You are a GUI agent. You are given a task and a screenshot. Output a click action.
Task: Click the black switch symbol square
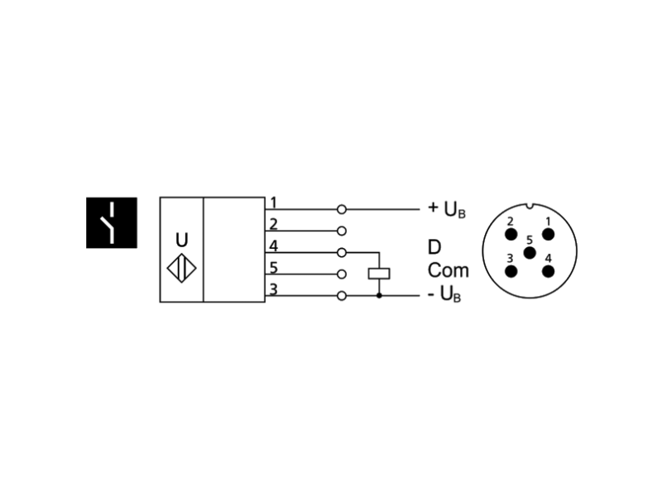click(x=112, y=222)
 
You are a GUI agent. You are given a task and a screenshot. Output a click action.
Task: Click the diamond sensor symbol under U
click(x=181, y=268)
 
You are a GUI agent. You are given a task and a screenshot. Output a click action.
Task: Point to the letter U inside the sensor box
click(x=181, y=240)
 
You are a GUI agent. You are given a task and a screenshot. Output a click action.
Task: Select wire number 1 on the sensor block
click(x=273, y=203)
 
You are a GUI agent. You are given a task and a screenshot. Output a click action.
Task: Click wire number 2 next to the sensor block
click(x=273, y=224)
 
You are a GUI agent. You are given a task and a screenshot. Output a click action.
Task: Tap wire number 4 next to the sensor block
click(x=274, y=246)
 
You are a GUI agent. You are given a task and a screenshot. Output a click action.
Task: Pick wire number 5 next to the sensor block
click(x=274, y=268)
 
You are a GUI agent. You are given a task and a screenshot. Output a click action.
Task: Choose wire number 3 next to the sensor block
click(x=274, y=289)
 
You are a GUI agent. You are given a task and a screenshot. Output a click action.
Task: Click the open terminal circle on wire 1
click(x=342, y=209)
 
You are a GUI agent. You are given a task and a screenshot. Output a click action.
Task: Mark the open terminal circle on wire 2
click(x=342, y=231)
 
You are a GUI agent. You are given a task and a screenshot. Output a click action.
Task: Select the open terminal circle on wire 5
click(x=342, y=274)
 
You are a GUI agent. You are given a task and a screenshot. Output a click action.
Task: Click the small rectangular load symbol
click(x=379, y=274)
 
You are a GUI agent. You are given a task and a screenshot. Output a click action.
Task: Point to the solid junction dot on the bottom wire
click(x=379, y=296)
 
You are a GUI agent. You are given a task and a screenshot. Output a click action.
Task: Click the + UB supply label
click(x=447, y=209)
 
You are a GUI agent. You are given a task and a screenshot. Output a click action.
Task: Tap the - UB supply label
click(x=444, y=294)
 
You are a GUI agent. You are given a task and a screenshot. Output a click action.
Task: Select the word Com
click(x=449, y=270)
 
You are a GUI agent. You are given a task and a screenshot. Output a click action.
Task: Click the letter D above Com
click(x=434, y=247)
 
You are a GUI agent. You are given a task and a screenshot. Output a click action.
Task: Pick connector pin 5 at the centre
click(x=530, y=253)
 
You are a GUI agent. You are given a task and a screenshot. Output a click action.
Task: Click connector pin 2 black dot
click(x=511, y=235)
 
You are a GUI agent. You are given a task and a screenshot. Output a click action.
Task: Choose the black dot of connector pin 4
click(x=548, y=272)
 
